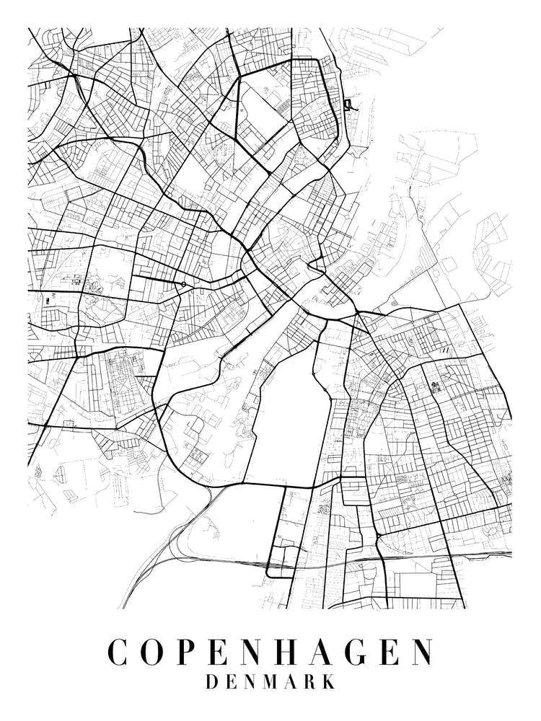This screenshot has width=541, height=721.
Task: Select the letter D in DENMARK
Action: tap(212, 682)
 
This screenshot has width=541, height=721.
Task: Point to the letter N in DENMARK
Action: tap(250, 682)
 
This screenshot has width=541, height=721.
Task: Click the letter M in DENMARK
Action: tap(270, 682)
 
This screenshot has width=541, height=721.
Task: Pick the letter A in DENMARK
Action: tap(291, 682)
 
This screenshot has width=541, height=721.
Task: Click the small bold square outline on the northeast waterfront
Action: tap(349, 105)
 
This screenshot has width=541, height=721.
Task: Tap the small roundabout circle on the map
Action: tap(184, 285)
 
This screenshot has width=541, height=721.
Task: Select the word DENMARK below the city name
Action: tap(270, 682)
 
